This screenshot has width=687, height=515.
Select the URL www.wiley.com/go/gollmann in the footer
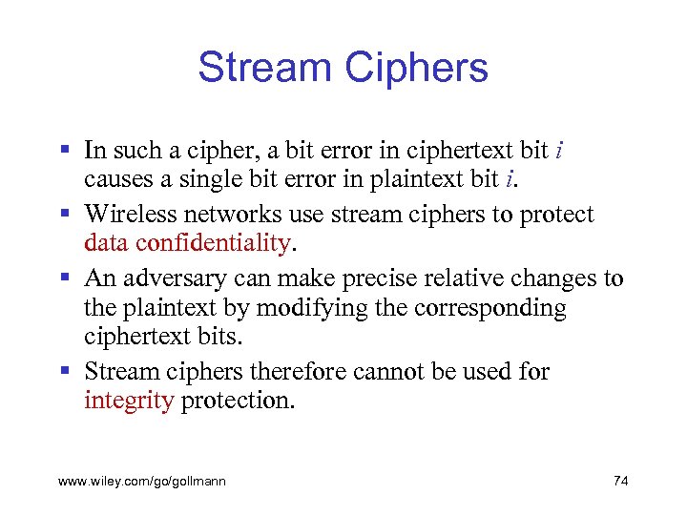pos(142,482)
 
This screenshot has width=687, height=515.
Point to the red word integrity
pos(129,400)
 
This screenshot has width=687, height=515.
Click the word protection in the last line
pos(238,400)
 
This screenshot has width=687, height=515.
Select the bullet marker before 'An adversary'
pos(64,278)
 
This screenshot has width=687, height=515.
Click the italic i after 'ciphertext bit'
pos(557,151)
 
